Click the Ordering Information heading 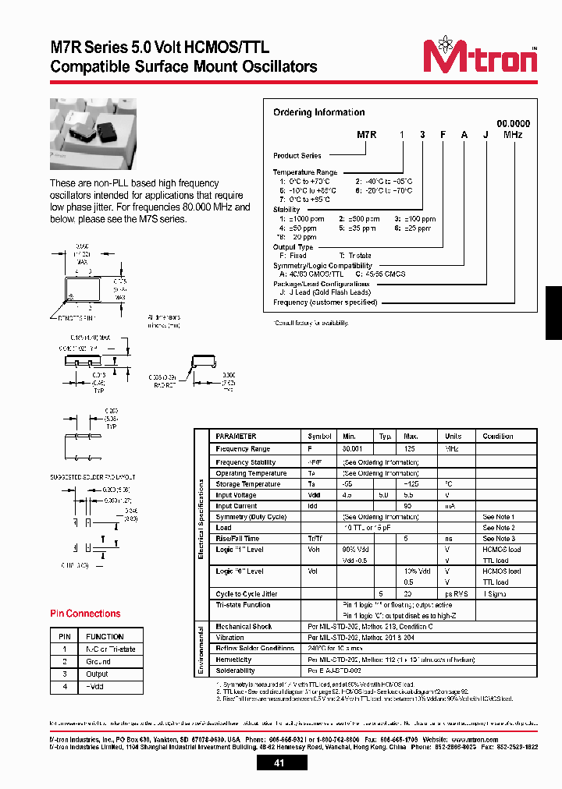point(318,112)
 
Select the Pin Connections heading point(84,614)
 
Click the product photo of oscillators point(93,135)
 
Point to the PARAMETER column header point(236,436)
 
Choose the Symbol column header point(320,436)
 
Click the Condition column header point(498,436)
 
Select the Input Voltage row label point(237,495)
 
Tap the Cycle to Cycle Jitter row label point(246,594)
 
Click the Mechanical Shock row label point(244,627)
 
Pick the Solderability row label point(235,670)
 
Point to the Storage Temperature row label point(247,484)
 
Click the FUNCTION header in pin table point(105,636)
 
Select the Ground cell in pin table point(98,661)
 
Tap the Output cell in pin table point(98,674)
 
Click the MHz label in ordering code point(513,134)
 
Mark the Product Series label point(297,156)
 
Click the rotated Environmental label point(201,649)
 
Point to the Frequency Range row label point(243,449)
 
